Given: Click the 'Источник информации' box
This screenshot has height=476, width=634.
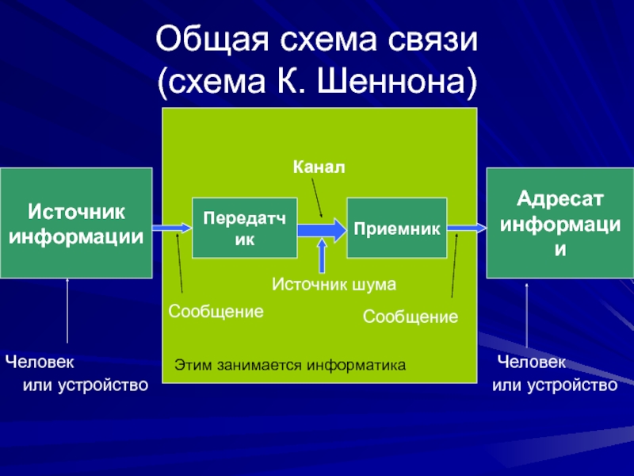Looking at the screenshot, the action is point(76,223).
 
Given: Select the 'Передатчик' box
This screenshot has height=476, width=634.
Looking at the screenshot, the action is point(245,228).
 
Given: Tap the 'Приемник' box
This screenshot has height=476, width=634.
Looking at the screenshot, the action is point(396,228).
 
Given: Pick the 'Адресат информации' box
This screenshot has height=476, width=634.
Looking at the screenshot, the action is point(560,223).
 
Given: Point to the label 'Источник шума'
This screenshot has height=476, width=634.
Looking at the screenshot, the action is point(334,282).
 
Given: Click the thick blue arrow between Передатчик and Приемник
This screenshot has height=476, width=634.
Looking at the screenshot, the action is point(322,228).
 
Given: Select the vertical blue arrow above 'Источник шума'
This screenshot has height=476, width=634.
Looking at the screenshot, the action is point(322,255).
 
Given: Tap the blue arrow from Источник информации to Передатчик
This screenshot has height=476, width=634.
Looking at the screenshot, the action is point(172,228).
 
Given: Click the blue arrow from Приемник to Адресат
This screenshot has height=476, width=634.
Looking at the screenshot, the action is point(466,228).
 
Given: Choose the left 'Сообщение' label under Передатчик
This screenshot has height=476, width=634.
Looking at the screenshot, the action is point(216,312).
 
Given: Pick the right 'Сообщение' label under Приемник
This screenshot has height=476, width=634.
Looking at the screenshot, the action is point(411,317).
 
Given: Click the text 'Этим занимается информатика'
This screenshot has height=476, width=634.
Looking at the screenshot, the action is point(289,366).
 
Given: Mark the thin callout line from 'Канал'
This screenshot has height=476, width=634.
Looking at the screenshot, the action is point(315,196).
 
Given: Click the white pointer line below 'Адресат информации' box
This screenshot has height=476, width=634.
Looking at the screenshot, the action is point(527,317).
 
